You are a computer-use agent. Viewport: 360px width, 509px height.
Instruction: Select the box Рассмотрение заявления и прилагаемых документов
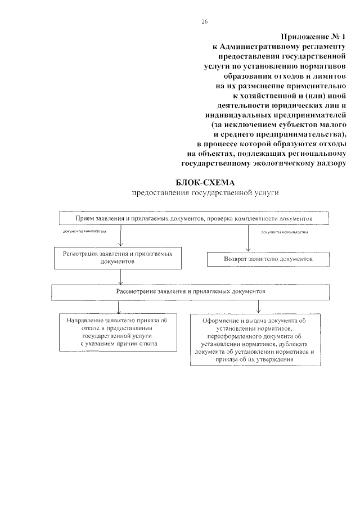(x=191, y=292)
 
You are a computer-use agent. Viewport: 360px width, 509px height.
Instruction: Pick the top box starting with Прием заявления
(x=194, y=218)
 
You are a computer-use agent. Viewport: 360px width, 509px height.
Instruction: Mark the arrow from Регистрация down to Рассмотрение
(x=120, y=277)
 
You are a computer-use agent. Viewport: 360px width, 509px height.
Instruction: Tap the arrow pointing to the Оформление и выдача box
(x=258, y=306)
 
